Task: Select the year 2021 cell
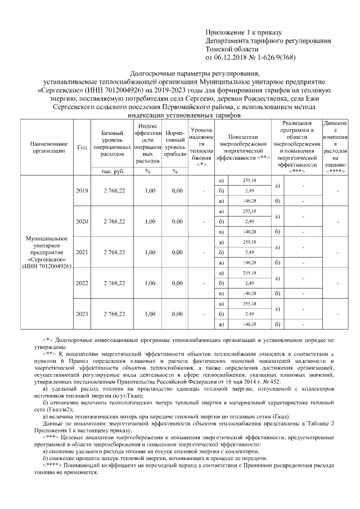point(82,253)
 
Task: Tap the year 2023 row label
point(82,314)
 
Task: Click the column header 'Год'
point(82,147)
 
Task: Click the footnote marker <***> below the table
point(51,437)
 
